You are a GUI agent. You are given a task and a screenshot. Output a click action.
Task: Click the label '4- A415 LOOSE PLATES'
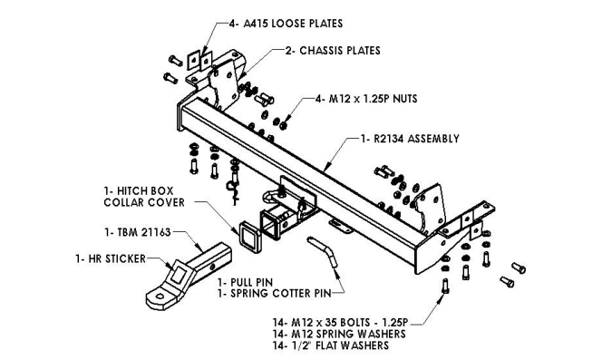click(286, 24)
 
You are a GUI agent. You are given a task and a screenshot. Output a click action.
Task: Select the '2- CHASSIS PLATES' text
click(333, 51)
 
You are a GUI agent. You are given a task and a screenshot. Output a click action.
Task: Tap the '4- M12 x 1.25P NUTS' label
click(366, 99)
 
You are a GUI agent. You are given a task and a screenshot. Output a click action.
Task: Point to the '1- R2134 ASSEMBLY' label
click(410, 139)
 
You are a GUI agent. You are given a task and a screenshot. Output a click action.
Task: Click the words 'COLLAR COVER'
click(144, 202)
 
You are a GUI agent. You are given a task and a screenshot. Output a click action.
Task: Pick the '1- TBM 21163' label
click(138, 232)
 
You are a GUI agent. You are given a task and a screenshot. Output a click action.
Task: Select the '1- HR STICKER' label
click(111, 258)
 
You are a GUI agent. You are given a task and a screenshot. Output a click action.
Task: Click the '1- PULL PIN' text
click(246, 282)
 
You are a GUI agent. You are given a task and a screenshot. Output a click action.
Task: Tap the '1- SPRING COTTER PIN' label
click(274, 294)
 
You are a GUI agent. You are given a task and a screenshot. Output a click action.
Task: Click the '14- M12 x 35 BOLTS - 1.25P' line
click(340, 322)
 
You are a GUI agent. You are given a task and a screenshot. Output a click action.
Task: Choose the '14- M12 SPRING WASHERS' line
click(339, 334)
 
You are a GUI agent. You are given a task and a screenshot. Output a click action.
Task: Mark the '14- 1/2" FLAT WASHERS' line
click(331, 345)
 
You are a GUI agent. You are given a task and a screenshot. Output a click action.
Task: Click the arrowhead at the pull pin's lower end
click(336, 272)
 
